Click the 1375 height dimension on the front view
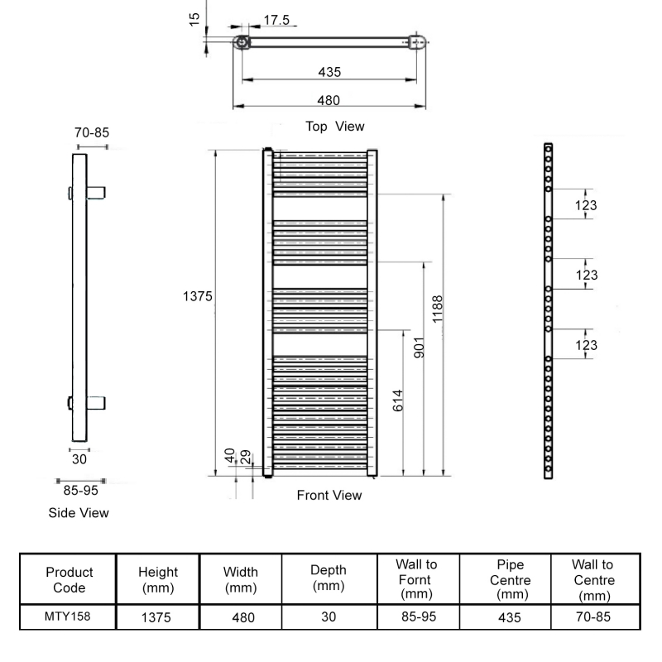pyautogui.click(x=199, y=295)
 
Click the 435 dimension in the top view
pyautogui.click(x=329, y=72)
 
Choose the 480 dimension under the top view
pyautogui.click(x=329, y=100)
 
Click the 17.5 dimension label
pyautogui.click(x=276, y=20)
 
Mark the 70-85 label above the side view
pyautogui.click(x=92, y=132)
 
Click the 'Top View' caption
pyautogui.click(x=334, y=127)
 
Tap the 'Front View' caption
pyautogui.click(x=329, y=496)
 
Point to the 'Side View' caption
pyautogui.click(x=79, y=513)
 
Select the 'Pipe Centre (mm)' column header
pyautogui.click(x=511, y=580)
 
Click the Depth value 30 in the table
pyautogui.click(x=329, y=616)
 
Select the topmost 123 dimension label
pyautogui.click(x=587, y=205)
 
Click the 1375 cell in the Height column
pyautogui.click(x=158, y=616)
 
